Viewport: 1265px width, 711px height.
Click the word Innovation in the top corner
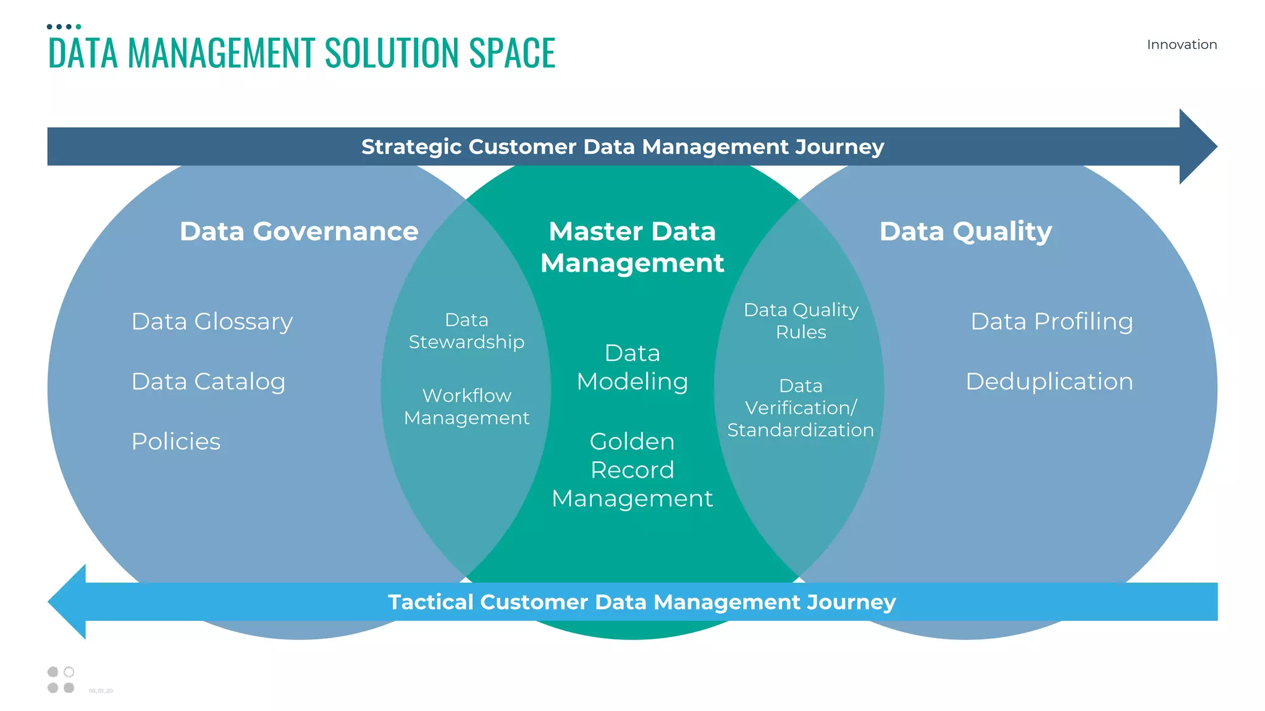[1182, 44]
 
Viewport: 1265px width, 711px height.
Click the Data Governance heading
[299, 231]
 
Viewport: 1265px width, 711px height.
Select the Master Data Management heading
[632, 247]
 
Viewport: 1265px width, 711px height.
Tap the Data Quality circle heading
[965, 231]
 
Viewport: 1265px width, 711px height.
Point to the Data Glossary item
[212, 322]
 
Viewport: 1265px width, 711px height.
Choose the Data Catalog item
[208, 381]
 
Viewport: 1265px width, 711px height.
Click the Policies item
[176, 441]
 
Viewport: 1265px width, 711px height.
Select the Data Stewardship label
[466, 331]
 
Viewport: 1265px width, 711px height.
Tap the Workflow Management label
[466, 407]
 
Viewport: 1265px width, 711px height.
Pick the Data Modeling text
[632, 367]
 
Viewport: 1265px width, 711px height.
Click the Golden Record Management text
[632, 470]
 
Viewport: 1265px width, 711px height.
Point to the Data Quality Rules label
[801, 320]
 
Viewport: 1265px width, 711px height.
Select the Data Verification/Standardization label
[801, 407]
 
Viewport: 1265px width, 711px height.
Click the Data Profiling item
[1051, 322]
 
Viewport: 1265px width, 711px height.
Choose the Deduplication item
[1049, 381]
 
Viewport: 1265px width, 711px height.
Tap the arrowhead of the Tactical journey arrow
[69, 601]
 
